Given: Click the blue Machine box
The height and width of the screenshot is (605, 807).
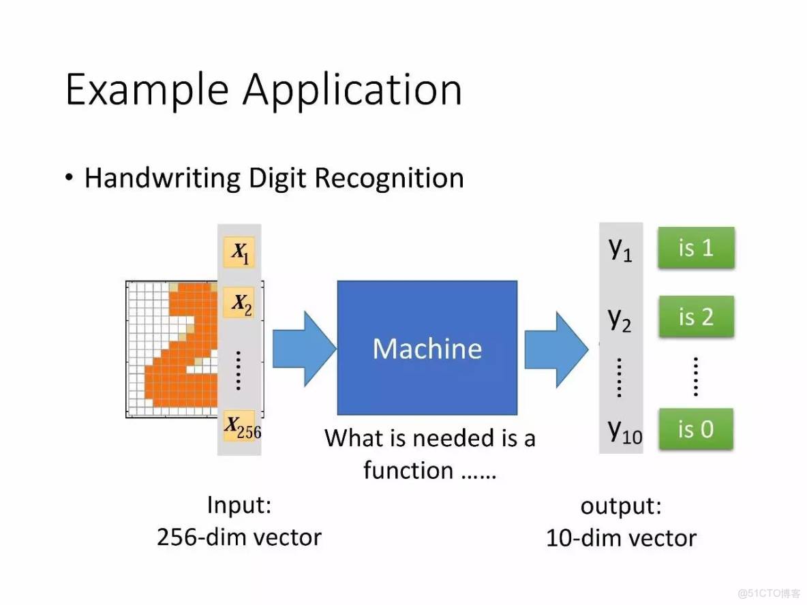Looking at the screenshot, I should (x=427, y=347).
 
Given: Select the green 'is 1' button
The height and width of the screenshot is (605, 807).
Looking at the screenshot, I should (x=695, y=247).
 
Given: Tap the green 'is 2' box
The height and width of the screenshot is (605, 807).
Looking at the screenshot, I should (x=695, y=317).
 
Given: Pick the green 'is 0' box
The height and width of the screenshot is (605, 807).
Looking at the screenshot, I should (x=695, y=429).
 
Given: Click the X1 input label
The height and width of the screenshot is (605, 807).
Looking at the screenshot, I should (x=240, y=253).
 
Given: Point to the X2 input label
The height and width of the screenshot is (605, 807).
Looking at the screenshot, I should (x=240, y=303).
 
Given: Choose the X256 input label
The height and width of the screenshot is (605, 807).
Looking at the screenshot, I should (x=241, y=427).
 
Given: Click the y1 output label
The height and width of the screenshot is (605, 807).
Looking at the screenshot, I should (x=620, y=249).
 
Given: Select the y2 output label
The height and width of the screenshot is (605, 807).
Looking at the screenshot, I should (x=620, y=318).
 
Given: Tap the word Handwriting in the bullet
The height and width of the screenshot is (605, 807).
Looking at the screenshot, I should (x=162, y=178).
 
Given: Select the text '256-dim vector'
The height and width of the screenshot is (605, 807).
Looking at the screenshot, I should (x=239, y=537).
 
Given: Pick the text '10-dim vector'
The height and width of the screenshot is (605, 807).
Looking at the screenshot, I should (x=621, y=538).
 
